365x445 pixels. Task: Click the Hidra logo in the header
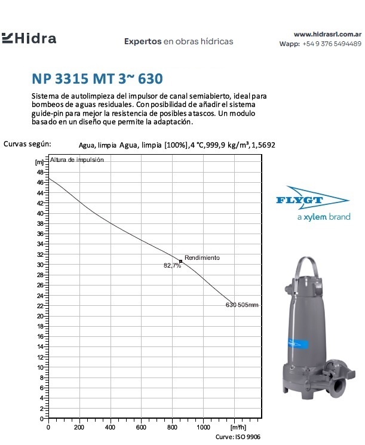pos(29,39)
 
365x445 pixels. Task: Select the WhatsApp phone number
pos(332,44)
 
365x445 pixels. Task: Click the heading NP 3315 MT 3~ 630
pos(97,79)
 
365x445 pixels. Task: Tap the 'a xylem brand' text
pos(323,217)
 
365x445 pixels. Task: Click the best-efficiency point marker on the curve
pos(180,261)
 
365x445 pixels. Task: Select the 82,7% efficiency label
pos(172,266)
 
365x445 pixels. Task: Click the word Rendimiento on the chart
pos(202,257)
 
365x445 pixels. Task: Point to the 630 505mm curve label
pos(242,305)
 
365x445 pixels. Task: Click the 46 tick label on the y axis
pos(40,182)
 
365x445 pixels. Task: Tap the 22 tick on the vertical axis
pos(40,306)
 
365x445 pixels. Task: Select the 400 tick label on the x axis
pos(110,428)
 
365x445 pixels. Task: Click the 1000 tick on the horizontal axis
pos(203,428)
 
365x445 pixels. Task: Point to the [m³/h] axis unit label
pos(237,428)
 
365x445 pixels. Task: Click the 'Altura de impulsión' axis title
pos(77,160)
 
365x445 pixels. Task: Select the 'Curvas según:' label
pos(27,144)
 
